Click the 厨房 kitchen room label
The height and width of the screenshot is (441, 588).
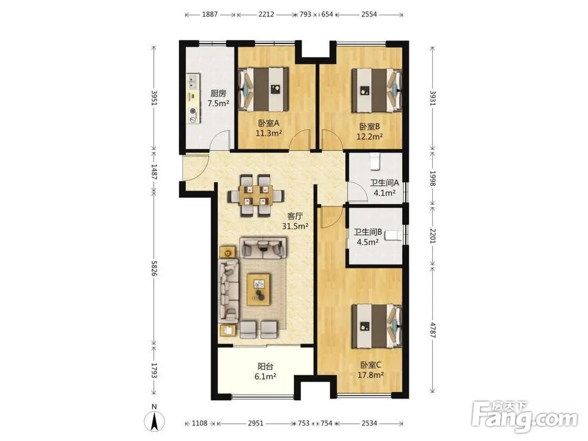[218, 93]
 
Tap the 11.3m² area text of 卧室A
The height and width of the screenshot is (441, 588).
[269, 133]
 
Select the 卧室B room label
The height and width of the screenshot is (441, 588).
[370, 127]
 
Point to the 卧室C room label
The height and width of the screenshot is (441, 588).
[371, 365]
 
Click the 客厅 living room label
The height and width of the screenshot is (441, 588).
[295, 216]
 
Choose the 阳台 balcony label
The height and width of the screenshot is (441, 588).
[266, 366]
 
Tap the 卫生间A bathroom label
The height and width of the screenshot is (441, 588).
[385, 183]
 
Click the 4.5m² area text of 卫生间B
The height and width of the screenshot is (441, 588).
[367, 242]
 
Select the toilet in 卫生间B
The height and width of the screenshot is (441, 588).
[394, 236]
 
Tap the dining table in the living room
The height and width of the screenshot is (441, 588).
[256, 195]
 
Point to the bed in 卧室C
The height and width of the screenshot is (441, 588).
[377, 326]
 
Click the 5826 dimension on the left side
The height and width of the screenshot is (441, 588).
[153, 268]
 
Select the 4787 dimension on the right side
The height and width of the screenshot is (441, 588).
[433, 330]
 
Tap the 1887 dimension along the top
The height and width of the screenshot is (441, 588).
[210, 15]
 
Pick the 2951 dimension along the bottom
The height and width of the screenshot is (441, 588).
[256, 423]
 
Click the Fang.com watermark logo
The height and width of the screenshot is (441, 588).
[525, 417]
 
